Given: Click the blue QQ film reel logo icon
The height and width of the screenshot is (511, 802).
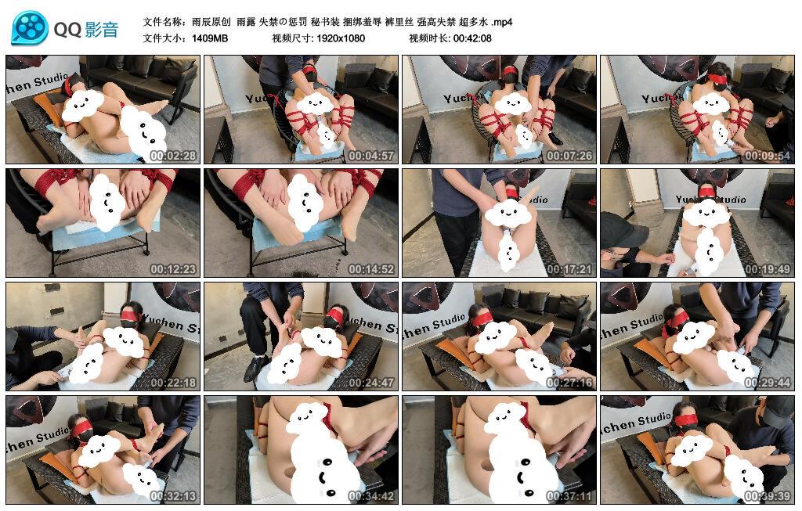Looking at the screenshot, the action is [29, 27].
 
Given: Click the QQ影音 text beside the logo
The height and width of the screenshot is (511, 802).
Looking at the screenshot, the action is [86, 30].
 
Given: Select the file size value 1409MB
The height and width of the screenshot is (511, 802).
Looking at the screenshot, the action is [210, 38].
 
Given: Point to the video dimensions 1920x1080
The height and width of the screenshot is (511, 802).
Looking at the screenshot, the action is [341, 38].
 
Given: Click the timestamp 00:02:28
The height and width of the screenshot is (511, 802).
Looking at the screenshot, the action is [173, 156].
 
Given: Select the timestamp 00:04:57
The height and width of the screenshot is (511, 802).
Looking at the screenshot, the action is [371, 156].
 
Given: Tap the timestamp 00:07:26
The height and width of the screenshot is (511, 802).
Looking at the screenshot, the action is [569, 156].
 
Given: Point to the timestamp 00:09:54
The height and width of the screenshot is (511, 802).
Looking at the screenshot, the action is [768, 156].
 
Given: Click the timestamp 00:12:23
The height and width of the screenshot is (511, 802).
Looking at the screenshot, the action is [173, 268].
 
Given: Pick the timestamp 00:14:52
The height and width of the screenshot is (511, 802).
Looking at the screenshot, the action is [371, 268].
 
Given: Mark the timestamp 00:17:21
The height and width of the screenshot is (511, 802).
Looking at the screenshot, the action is [569, 268].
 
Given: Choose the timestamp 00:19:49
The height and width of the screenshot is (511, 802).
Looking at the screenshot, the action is [768, 268].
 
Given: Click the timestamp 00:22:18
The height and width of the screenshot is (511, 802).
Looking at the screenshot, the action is [173, 382].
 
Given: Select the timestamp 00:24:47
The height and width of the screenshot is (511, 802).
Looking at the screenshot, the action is [371, 382].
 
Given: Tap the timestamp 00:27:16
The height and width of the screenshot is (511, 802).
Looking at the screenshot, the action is [569, 382].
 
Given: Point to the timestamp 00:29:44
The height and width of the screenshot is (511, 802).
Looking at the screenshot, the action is [768, 382].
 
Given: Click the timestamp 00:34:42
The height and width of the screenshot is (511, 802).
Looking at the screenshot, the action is [371, 495].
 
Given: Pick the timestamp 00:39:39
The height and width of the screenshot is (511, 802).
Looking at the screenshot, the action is [768, 495].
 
